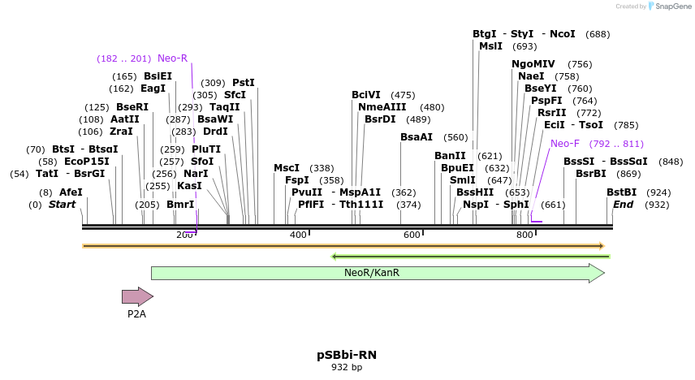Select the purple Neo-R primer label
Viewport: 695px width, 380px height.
tap(172, 58)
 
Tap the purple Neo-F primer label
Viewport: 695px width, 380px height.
tap(565, 144)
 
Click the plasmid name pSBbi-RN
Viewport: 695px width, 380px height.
tap(347, 355)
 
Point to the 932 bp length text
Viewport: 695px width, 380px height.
tap(347, 368)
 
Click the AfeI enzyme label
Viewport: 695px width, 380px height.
tap(71, 192)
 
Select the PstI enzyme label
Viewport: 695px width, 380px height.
tap(244, 83)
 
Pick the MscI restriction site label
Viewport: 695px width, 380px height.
tap(287, 168)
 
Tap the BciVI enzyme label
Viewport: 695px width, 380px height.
tap(366, 95)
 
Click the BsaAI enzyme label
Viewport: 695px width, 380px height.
tap(417, 137)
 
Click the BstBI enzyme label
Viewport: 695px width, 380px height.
tap(622, 192)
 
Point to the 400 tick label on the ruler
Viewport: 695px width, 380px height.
tap(299, 235)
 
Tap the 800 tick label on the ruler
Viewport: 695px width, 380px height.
tap(524, 235)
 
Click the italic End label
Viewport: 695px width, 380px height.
tap(624, 205)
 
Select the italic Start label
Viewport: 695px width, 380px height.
tap(63, 205)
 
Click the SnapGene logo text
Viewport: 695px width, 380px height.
tap(671, 6)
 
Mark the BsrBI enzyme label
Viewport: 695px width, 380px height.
tap(591, 174)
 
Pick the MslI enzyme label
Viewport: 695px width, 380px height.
tap(491, 46)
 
